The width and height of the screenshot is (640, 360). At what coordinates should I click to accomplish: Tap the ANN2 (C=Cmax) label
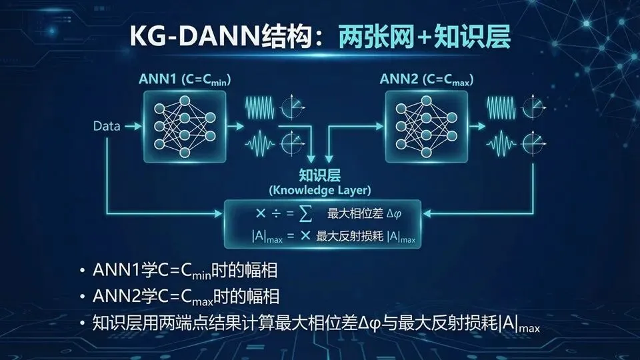[427, 79]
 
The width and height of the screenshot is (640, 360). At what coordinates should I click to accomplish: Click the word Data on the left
[107, 125]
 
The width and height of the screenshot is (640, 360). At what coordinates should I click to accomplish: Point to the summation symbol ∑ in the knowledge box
[304, 214]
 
